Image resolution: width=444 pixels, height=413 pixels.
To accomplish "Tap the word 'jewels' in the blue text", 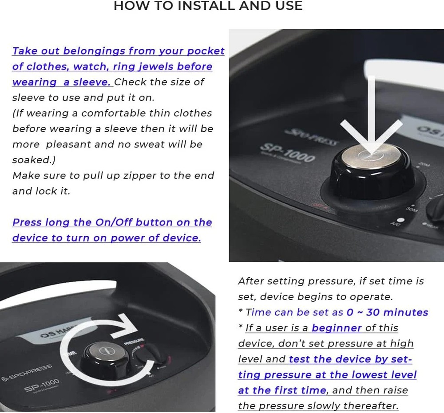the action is [155, 66].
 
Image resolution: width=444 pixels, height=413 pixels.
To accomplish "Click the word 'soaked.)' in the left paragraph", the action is [34, 160].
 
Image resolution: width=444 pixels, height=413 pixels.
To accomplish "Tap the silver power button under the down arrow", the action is [371, 156].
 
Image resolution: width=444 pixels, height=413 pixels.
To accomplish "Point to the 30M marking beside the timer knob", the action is [412, 210].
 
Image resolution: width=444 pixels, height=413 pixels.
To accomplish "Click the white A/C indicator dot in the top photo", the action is [400, 220].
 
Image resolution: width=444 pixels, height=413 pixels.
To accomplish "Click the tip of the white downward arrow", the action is [371, 152].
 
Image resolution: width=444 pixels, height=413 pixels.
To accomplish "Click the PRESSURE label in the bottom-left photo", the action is [134, 341].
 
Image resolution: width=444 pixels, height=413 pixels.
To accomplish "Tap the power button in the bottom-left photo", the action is [104, 351].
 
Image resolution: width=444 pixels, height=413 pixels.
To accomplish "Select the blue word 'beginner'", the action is [337, 328].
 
